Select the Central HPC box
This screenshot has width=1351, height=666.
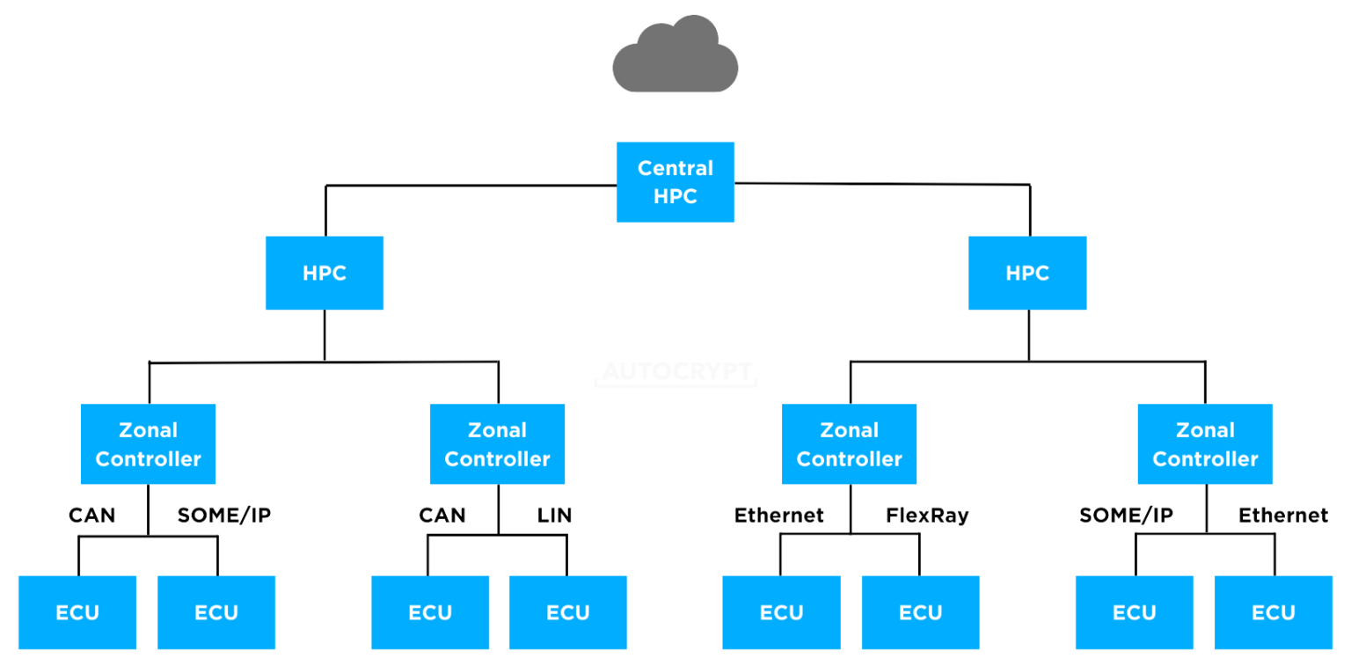click(675, 182)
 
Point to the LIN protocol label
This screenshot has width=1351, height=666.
click(555, 516)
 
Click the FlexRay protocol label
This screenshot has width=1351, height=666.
click(927, 516)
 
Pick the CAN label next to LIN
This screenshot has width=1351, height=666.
click(442, 516)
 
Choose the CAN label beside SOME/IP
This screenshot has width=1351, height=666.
click(92, 516)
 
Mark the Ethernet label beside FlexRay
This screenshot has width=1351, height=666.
click(779, 516)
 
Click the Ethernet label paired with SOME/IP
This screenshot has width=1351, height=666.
click(1282, 516)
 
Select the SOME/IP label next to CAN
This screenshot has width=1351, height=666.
click(224, 516)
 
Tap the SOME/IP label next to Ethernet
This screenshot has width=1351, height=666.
click(1127, 516)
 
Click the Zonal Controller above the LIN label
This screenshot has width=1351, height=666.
click(498, 444)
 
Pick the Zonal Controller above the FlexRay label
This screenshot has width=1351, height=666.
click(850, 444)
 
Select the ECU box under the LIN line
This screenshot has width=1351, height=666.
click(568, 612)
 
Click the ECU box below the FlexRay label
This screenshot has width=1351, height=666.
click(921, 612)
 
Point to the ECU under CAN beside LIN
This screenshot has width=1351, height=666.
click(430, 612)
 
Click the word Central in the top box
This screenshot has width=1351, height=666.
click(675, 168)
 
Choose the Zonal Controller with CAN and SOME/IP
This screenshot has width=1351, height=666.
click(149, 444)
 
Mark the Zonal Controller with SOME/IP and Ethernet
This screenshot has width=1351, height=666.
click(1205, 444)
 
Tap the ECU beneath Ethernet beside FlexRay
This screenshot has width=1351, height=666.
click(782, 612)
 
